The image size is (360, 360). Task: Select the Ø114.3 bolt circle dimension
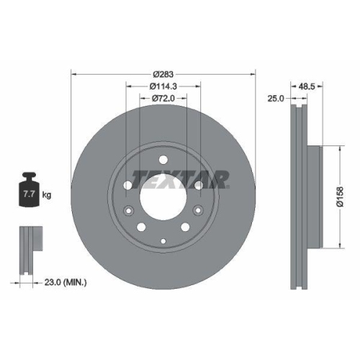(x=163, y=86)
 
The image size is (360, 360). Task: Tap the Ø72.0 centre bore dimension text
(x=163, y=99)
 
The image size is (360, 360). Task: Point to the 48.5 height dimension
(x=307, y=86)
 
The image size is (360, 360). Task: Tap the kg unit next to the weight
(x=47, y=194)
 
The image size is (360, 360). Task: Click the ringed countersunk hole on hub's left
(x=129, y=211)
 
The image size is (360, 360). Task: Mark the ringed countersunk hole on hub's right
(x=197, y=211)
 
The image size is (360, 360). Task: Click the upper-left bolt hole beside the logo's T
(x=128, y=185)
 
